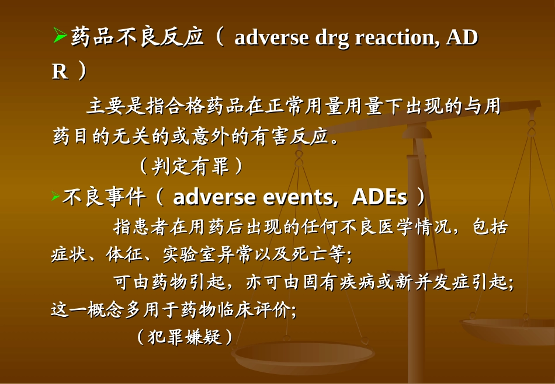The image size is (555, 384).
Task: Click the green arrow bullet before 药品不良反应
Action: [60, 37]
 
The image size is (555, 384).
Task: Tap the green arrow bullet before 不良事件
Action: [56, 197]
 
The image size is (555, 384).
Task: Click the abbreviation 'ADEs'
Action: [380, 198]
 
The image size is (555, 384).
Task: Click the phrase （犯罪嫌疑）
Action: [185, 337]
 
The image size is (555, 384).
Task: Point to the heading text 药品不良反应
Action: [137, 38]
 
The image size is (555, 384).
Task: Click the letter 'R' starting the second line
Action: [60, 72]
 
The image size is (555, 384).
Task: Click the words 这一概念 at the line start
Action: [88, 309]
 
